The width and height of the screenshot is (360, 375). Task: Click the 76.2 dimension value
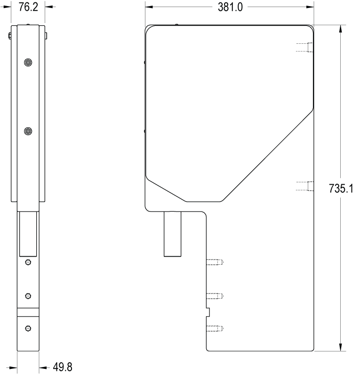click(x=28, y=7)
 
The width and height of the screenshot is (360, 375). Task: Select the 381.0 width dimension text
click(x=230, y=7)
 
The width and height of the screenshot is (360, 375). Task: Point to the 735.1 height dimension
click(x=341, y=188)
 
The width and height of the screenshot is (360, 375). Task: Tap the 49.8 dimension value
click(x=62, y=367)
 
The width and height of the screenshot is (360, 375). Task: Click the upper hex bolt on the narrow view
click(x=28, y=63)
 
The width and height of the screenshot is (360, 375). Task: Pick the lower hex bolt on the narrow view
click(x=28, y=131)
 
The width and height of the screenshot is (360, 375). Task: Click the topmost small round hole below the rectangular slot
click(x=28, y=262)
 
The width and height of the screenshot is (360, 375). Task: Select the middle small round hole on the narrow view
click(x=28, y=296)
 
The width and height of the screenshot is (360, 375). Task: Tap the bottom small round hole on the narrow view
click(x=28, y=328)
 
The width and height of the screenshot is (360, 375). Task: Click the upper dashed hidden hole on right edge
click(x=304, y=47)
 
